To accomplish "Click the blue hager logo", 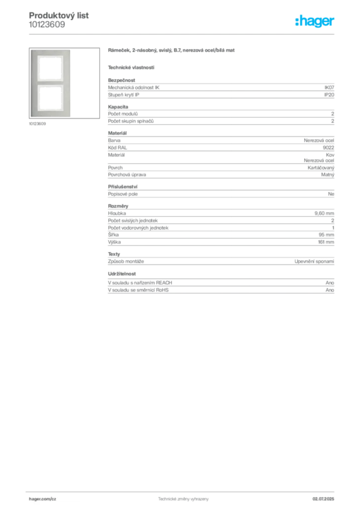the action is (316, 21).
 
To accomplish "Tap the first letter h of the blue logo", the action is (298, 21).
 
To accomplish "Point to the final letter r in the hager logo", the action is (333, 22).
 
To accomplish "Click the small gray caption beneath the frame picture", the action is (38, 124).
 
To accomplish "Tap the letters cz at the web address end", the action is (54, 498).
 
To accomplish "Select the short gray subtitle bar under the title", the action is (131, 68).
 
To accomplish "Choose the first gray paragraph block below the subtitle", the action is (220, 89).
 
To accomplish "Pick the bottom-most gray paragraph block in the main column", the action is (220, 283).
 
